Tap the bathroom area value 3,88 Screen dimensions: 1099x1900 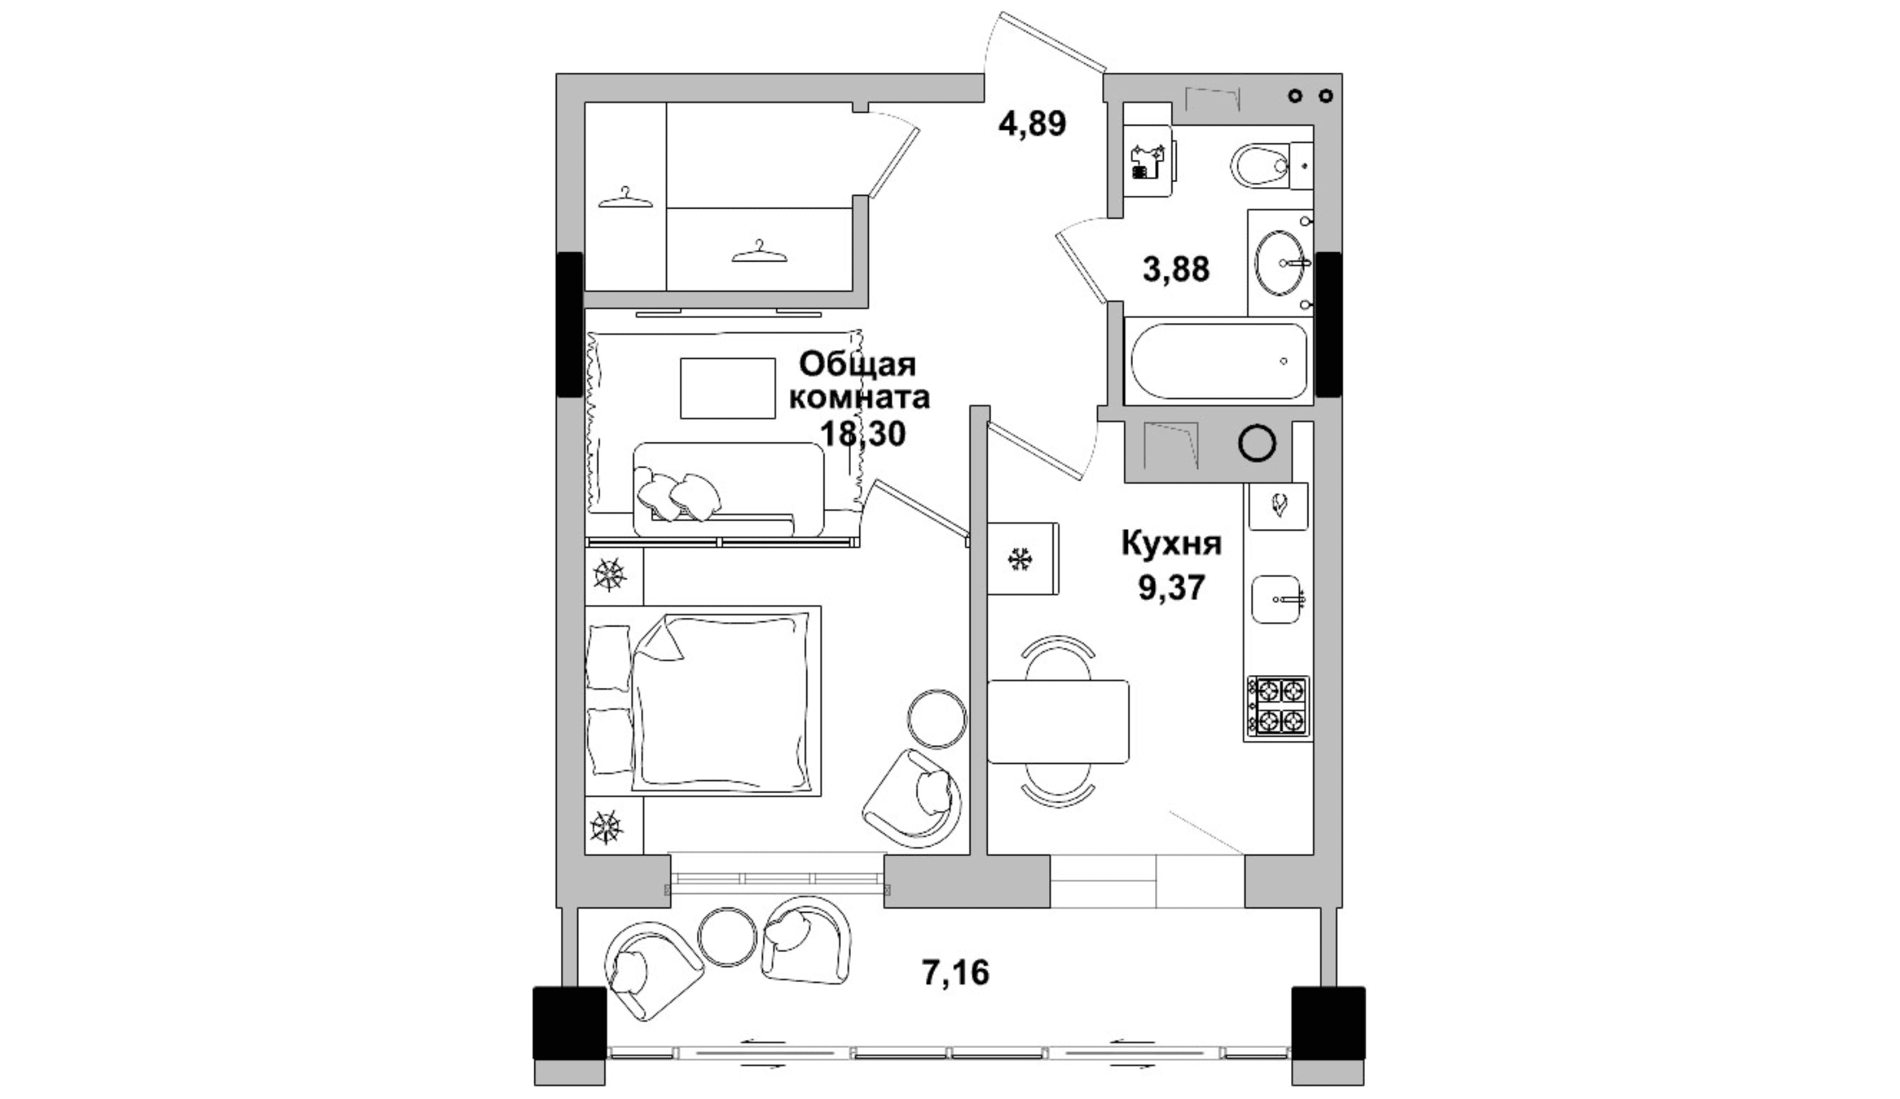tap(1175, 268)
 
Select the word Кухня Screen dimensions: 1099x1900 tap(1170, 544)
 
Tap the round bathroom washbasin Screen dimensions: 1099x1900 tap(1279, 262)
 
